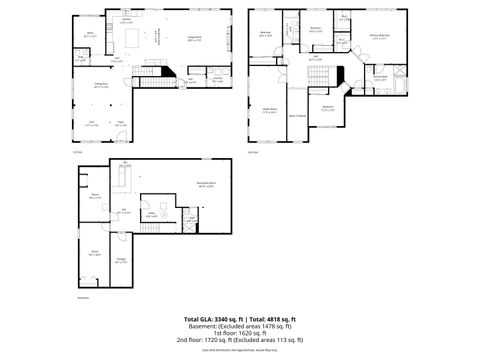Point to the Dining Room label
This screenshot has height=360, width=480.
(x=101, y=85)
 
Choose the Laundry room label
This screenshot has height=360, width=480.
(x=217, y=79)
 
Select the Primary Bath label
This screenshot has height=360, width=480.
(x=381, y=77)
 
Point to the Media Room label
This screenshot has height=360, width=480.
(x=269, y=110)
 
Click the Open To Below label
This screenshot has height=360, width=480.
(x=297, y=116)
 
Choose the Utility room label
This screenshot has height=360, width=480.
(x=152, y=213)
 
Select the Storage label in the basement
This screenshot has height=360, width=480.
(x=121, y=259)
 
